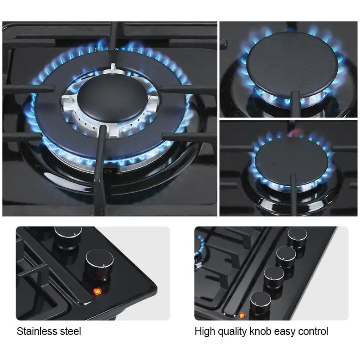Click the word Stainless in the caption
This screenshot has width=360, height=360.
pos(36,331)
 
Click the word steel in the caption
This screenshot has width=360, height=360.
pos(70,331)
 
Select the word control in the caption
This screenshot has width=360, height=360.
pos(313,332)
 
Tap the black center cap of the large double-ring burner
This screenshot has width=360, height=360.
pos(112,98)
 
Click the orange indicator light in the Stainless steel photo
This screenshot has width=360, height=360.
pos(97,291)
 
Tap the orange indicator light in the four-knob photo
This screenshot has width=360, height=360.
pos(242,315)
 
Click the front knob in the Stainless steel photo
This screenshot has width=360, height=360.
pos(99,264)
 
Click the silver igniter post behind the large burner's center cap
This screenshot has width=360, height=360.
pos(113,68)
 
